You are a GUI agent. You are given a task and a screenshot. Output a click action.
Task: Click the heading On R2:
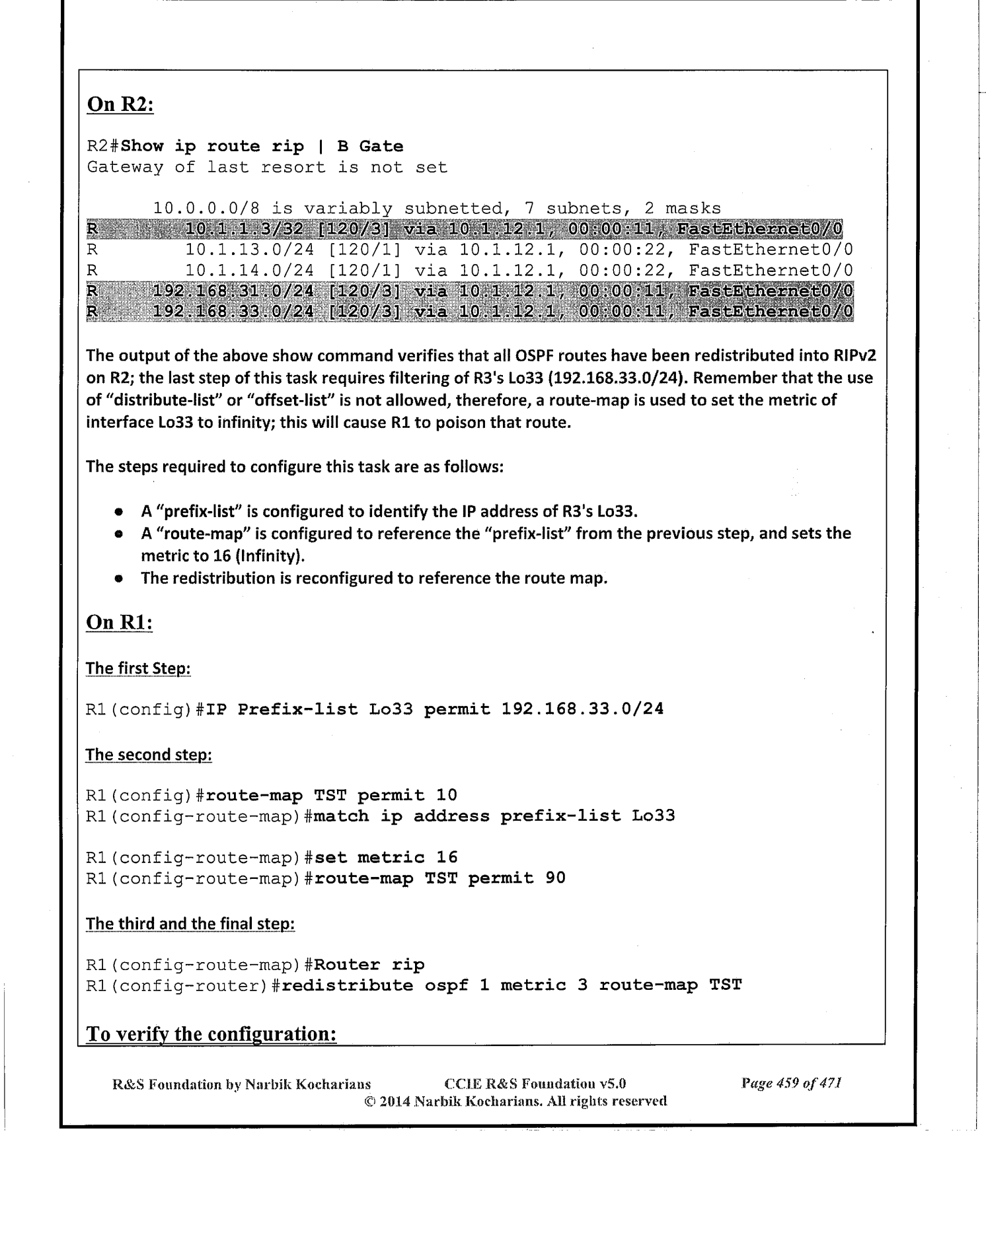[120, 105]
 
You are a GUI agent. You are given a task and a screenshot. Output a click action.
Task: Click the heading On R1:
[120, 623]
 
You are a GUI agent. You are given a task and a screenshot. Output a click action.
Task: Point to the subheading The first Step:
[138, 668]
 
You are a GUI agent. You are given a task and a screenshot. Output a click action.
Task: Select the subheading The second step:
[149, 755]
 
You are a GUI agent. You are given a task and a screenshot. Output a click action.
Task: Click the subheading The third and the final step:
[190, 923]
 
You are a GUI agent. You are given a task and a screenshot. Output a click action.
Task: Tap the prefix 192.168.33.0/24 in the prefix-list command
[582, 709]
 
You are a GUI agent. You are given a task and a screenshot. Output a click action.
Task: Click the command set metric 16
[385, 857]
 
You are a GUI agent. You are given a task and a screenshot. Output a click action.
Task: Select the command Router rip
[368, 965]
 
